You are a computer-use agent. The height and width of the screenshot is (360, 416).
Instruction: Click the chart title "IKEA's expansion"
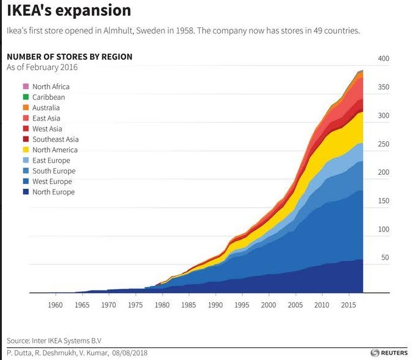[x=68, y=11]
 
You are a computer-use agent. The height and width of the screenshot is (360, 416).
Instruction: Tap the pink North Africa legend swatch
[x=26, y=86]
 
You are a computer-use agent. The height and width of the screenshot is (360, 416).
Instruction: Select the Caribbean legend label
[x=49, y=97]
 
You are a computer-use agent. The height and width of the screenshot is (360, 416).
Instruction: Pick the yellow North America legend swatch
[x=26, y=150]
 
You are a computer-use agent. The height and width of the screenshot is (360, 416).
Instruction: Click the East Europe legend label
[x=51, y=161]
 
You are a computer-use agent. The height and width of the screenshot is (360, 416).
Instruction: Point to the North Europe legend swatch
[x=26, y=192]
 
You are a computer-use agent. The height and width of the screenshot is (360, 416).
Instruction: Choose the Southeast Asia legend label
[x=55, y=139]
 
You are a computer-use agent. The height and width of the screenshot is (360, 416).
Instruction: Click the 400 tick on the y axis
[x=383, y=58]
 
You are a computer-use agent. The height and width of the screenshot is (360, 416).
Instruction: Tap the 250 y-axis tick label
[x=383, y=144]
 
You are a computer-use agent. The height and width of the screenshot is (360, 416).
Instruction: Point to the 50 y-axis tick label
[x=385, y=258]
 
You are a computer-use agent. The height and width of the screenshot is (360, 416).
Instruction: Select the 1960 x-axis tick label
[x=55, y=304]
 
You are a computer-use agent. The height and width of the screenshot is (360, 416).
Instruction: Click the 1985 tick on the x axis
[x=189, y=304]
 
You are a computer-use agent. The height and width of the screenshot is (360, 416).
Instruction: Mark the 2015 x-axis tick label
[x=348, y=304]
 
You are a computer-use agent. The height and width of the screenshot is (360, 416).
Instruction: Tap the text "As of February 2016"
[x=42, y=67]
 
